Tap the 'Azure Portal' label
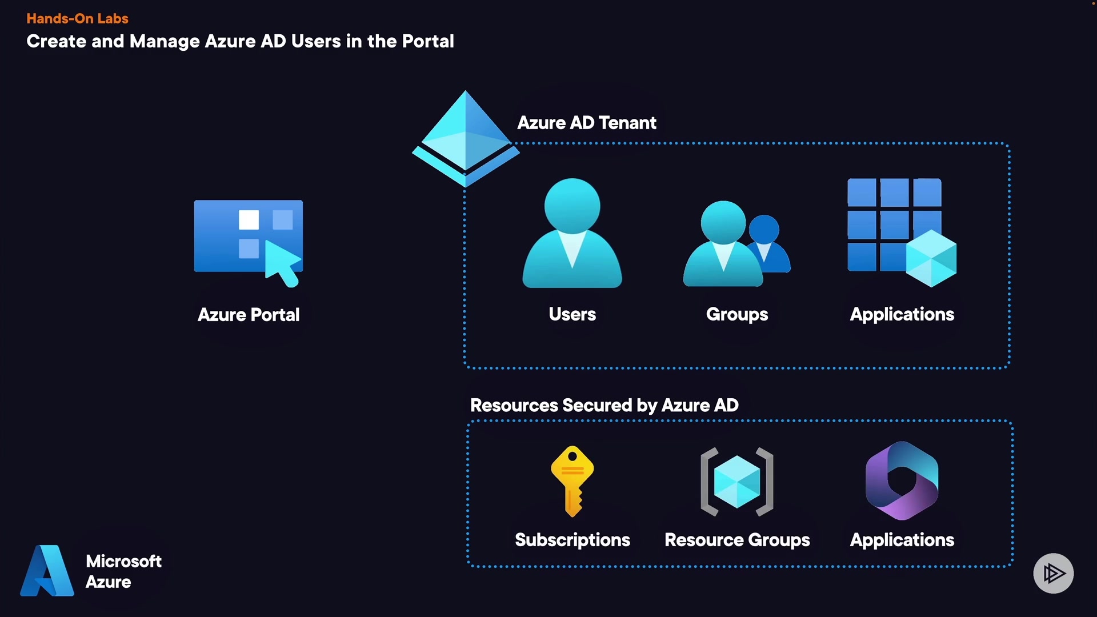[249, 315]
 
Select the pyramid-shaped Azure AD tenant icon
[466, 139]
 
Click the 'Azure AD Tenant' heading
[587, 123]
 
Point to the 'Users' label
[572, 314]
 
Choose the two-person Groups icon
[736, 244]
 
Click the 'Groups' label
[737, 314]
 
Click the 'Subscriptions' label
[572, 540]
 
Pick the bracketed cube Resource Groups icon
[737, 482]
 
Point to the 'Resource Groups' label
[737, 540]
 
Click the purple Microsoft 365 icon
[902, 480]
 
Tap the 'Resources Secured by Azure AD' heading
[604, 405]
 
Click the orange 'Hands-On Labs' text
[77, 18]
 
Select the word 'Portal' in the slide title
[427, 41]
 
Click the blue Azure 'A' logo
[47, 571]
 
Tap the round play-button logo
[1053, 573]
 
